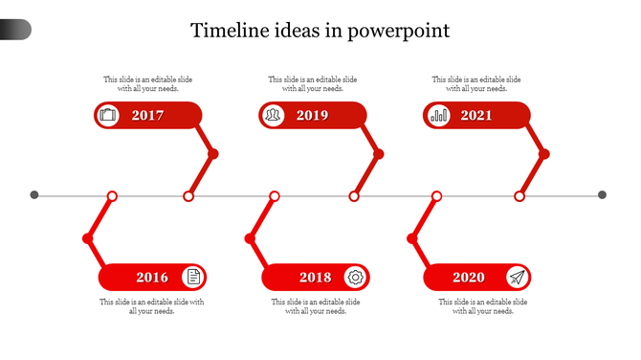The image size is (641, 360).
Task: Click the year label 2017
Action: tap(148, 116)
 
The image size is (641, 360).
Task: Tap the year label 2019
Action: tap(312, 116)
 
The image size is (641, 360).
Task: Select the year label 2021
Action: tap(476, 116)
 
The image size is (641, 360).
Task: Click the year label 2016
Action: tap(151, 278)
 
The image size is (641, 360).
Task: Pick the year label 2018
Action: tap(315, 278)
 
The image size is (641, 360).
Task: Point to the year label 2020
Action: tap(469, 278)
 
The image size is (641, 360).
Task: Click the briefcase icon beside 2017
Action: tap(108, 116)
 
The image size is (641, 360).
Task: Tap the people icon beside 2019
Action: tap(273, 116)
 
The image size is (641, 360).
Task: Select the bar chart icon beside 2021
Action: tap(438, 116)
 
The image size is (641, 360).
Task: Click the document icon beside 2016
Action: tap(193, 278)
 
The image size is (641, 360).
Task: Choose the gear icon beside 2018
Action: tap(356, 278)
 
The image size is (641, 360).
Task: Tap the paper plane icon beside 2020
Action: tap(518, 278)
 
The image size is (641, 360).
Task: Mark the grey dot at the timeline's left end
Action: tap(34, 195)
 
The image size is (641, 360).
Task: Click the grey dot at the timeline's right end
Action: tap(603, 195)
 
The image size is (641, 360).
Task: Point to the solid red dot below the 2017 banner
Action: tap(213, 153)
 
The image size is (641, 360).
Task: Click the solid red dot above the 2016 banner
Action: tap(87, 237)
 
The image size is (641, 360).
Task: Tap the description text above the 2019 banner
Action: tap(313, 84)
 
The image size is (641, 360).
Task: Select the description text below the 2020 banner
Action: tap(483, 306)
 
